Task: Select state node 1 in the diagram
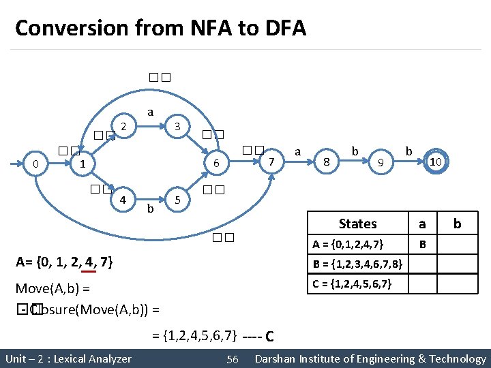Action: [x=82, y=164]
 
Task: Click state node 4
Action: [x=123, y=200]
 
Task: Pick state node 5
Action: [x=177, y=200]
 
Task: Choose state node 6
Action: [x=215, y=164]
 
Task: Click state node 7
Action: [x=271, y=162]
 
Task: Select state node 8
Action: [x=327, y=162]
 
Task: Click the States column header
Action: [x=357, y=224]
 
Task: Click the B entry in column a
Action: [x=423, y=244]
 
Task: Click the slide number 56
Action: [x=233, y=359]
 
